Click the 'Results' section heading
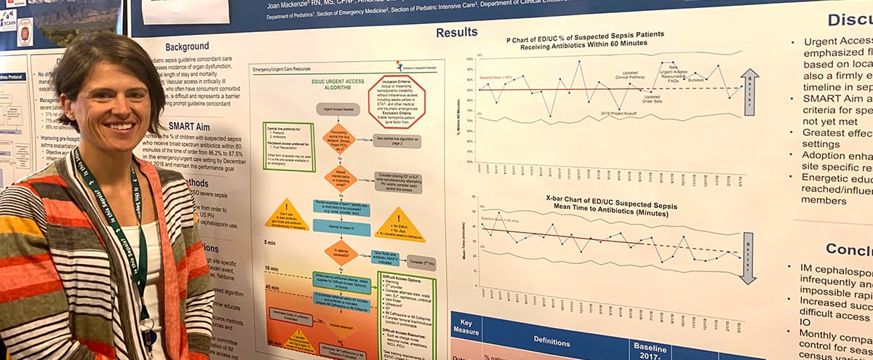pos(457,32)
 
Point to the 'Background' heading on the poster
pos(186,47)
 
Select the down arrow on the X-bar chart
pos(747,257)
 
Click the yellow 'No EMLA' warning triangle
pos(399,225)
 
